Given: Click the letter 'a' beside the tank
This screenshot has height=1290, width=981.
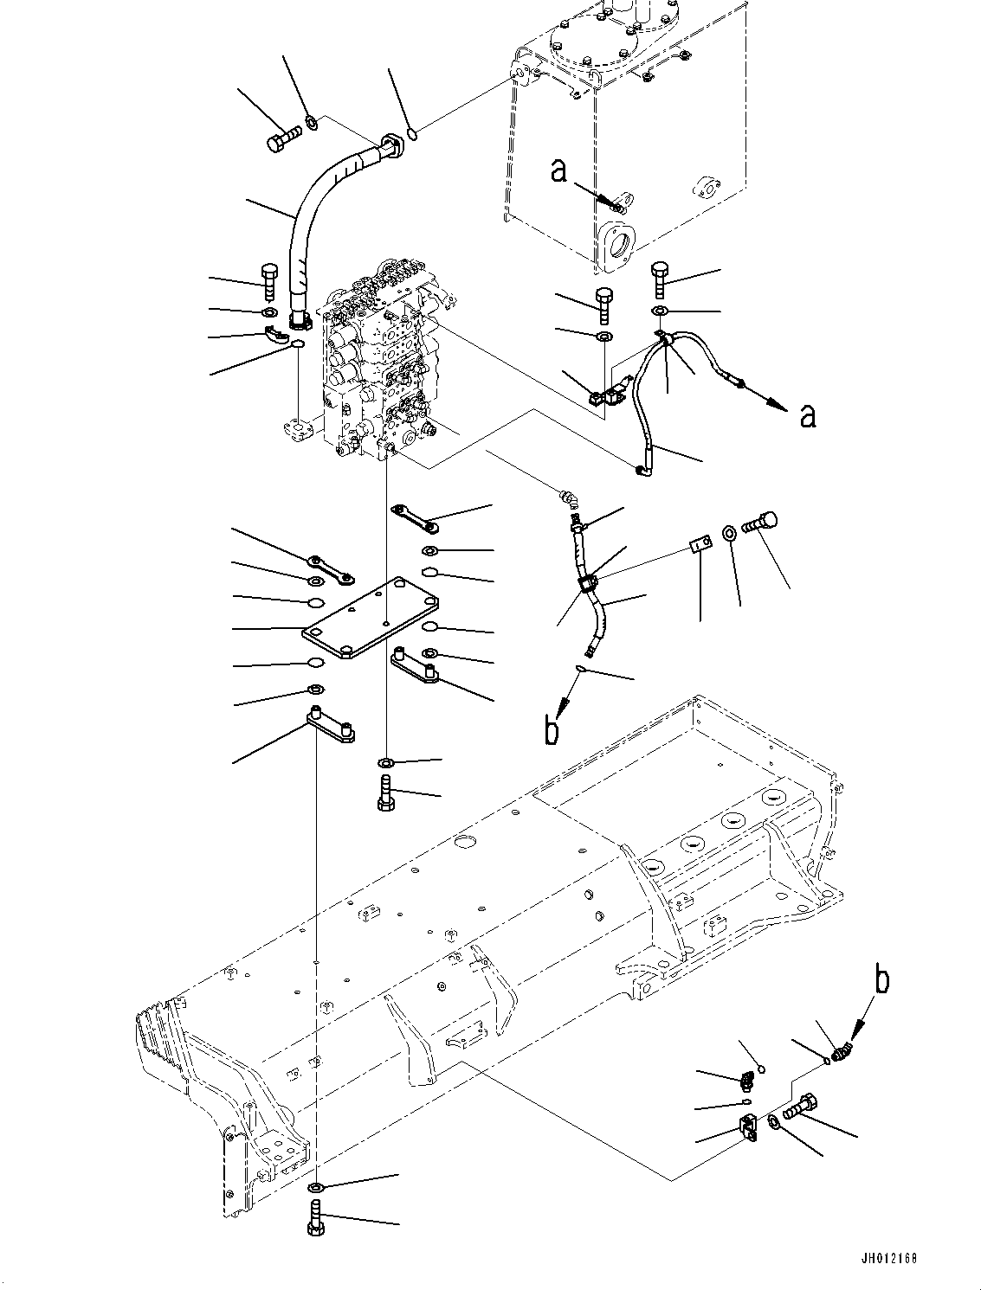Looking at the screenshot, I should [560, 170].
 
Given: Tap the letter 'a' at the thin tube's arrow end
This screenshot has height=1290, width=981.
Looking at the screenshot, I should [807, 417].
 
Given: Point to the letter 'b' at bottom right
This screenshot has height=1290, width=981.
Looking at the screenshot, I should [881, 980].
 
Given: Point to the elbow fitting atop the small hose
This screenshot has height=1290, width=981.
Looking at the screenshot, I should [567, 498].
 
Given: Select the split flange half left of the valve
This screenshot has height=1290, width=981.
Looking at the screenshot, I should [280, 336].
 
